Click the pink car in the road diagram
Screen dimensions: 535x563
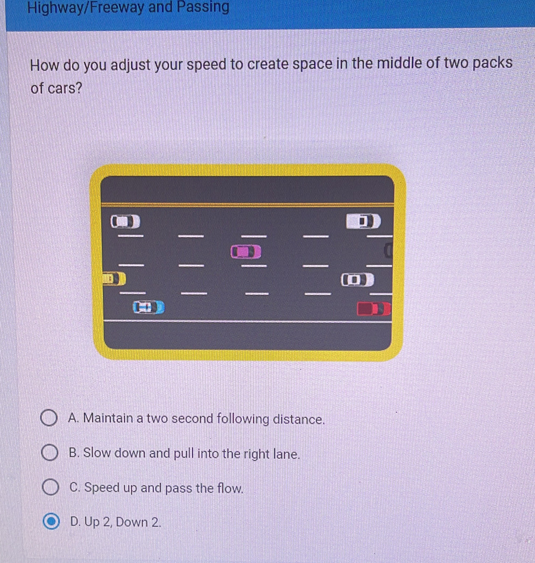point(246,252)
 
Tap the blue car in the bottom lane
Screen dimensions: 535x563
point(149,307)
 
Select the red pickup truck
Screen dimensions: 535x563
point(374,309)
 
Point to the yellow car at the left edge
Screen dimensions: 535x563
point(114,279)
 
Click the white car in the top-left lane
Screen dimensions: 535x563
point(125,221)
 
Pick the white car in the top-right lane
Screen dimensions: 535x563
point(363,221)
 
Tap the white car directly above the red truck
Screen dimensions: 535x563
point(357,280)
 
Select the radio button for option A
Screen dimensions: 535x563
point(49,418)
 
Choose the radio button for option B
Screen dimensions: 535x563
point(50,453)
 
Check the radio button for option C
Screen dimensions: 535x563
point(50,487)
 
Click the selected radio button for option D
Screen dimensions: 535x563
point(51,521)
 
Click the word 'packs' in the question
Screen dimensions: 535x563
point(492,63)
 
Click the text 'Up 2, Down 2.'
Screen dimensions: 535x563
point(122,522)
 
